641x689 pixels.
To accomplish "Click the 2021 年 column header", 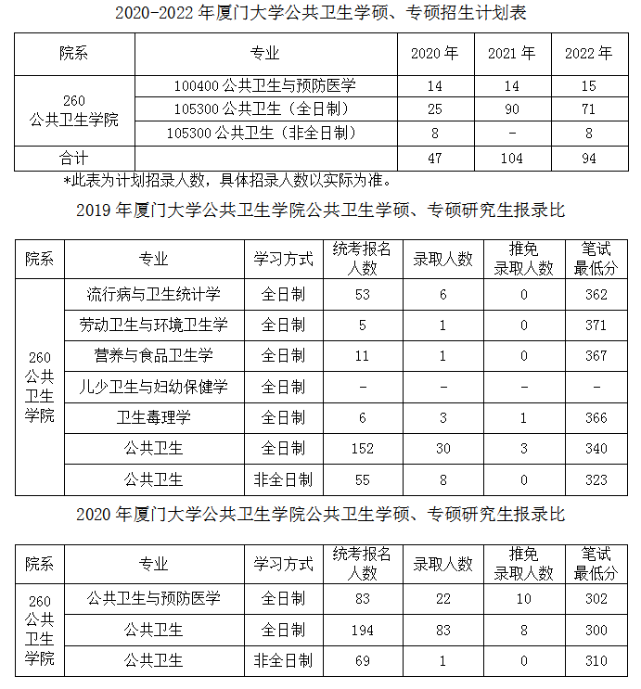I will pos(512,54).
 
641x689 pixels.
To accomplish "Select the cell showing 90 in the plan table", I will pos(512,109).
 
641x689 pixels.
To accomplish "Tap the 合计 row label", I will pos(74,158).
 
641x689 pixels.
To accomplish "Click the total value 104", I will pos(512,158).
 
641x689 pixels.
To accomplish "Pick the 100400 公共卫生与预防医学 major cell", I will pos(265,86).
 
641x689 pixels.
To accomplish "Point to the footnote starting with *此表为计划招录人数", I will pos(227,180).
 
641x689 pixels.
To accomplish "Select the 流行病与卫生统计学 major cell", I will pos(153,295).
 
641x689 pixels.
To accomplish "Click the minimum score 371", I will pos(596,325).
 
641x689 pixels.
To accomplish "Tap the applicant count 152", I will pos(363,449).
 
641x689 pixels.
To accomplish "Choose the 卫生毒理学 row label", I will pos(153,418).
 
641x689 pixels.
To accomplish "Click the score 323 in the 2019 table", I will pos(596,479).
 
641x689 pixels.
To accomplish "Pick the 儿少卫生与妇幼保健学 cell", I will pos(153,387).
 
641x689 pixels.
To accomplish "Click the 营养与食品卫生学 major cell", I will pos(153,356).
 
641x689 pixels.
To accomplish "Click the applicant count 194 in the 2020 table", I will pos(363,631).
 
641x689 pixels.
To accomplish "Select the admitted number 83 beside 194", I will pos(442,631).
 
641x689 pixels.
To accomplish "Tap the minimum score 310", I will pos(596,661).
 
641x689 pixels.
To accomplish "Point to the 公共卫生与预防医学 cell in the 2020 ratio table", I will pos(153,599).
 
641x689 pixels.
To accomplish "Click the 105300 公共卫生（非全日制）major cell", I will pos(265,134).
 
